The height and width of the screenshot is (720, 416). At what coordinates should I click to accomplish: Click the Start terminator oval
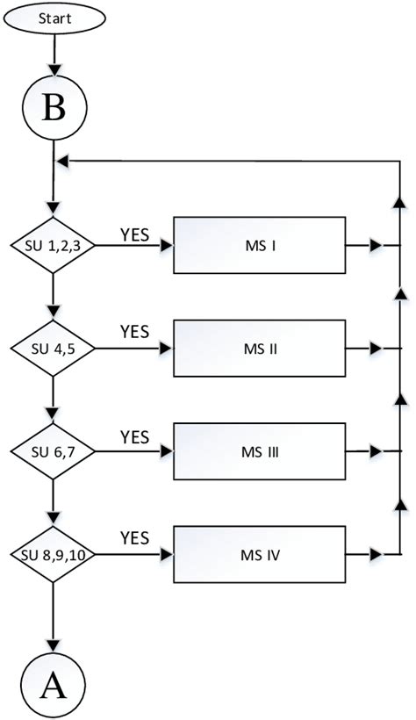coord(54,18)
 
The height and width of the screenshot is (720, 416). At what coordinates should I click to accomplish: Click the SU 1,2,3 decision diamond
coord(54,246)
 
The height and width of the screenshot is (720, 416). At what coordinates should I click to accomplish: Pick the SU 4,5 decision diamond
coord(54,349)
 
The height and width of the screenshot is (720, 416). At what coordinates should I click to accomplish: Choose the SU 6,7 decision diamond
coord(54,451)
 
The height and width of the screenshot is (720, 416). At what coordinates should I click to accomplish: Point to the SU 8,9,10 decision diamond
coord(54,554)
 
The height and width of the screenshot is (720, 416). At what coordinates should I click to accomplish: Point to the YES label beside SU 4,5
coord(134,333)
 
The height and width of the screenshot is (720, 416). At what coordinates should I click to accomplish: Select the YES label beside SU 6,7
coord(134,436)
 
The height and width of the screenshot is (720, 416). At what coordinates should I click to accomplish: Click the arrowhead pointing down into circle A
coord(54,649)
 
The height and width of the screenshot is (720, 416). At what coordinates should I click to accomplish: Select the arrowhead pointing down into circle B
coord(54,73)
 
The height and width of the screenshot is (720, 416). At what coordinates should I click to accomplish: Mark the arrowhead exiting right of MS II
coord(376,349)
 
